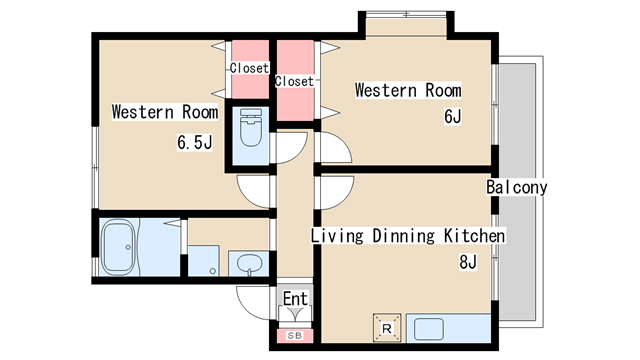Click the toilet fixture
(x=251, y=127)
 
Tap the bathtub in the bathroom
(x=118, y=247)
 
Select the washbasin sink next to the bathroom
(x=249, y=263)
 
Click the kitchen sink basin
(x=429, y=329)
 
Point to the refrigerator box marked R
(x=387, y=328)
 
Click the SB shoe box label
(x=295, y=336)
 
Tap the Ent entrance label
(x=295, y=299)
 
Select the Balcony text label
(x=516, y=187)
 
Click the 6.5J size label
(x=195, y=142)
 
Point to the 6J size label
(x=453, y=116)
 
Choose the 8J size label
(x=468, y=262)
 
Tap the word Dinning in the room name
(x=403, y=236)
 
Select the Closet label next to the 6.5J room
(x=249, y=68)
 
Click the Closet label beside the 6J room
(x=294, y=81)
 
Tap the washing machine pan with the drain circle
(x=203, y=260)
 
